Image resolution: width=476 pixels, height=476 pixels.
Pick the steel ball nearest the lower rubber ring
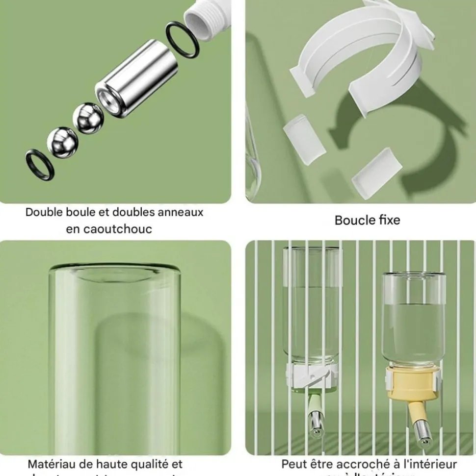62,142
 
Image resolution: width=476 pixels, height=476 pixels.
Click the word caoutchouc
109,229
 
